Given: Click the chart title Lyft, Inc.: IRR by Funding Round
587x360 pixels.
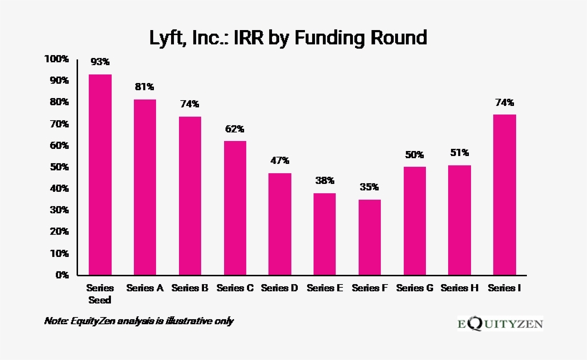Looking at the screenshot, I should [288, 37].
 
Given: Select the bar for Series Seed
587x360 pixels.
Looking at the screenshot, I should [100, 175].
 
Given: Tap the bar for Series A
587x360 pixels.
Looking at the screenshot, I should [145, 187].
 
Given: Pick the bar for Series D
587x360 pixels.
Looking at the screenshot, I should [280, 224].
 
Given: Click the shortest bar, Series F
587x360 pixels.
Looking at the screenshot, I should [369, 237].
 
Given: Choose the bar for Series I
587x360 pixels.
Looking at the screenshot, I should [505, 195].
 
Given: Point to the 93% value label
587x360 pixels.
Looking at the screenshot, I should [100, 62].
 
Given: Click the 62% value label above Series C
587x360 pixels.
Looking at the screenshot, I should [235, 129].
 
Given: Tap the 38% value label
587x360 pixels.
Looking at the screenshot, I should [324, 180].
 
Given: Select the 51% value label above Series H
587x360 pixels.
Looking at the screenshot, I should [460, 152].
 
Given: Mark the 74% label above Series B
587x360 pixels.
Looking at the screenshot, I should [190, 104].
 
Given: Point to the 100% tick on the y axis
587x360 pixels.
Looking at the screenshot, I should [56, 59].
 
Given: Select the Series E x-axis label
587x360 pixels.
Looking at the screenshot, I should [324, 288].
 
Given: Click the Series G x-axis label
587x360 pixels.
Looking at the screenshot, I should [414, 288].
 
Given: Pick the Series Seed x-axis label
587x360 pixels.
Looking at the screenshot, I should [100, 293].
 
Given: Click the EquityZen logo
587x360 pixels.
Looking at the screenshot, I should [500, 323].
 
